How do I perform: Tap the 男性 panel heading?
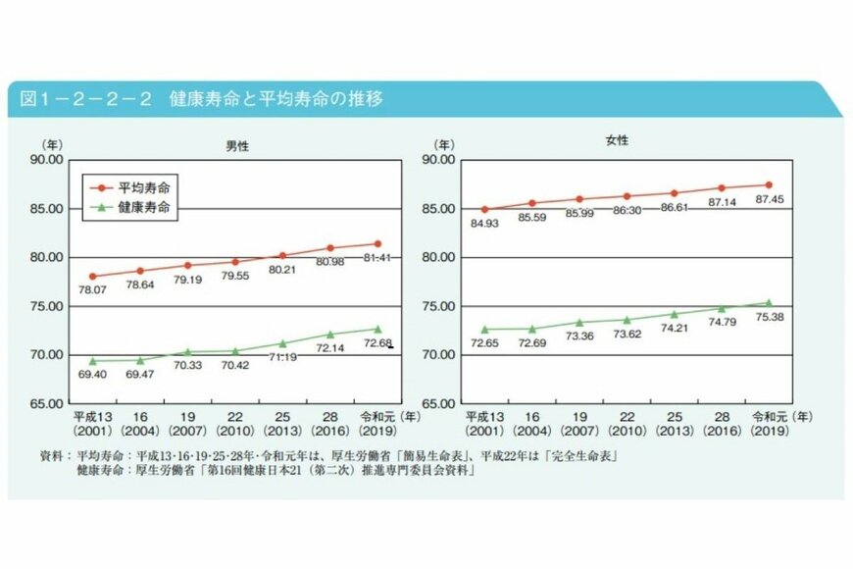[x=236, y=145]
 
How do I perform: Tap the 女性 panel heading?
[x=617, y=140]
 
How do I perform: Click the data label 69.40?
[x=92, y=377]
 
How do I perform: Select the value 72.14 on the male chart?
[x=329, y=348]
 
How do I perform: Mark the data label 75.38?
[x=768, y=319]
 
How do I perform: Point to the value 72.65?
[x=484, y=344]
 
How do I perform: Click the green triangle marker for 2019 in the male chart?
[x=377, y=330]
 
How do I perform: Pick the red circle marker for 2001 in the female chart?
[x=484, y=209]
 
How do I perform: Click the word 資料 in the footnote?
[x=52, y=456]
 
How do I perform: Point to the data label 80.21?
[x=282, y=270]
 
